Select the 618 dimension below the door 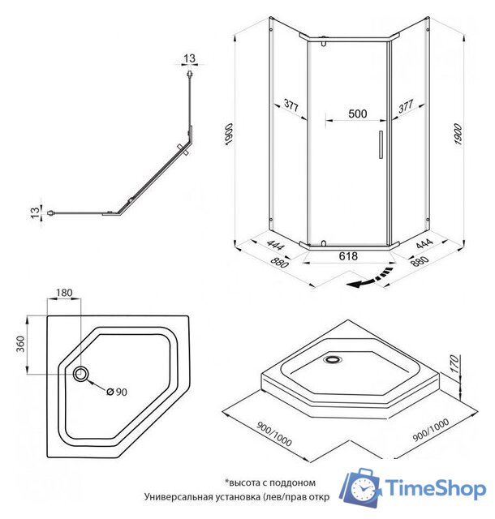[348, 255]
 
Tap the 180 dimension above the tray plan [65, 293]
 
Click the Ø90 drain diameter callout [118, 392]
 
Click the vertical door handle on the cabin [377, 143]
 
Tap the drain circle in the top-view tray [83, 375]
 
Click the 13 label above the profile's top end [189, 58]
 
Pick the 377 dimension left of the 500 [292, 105]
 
